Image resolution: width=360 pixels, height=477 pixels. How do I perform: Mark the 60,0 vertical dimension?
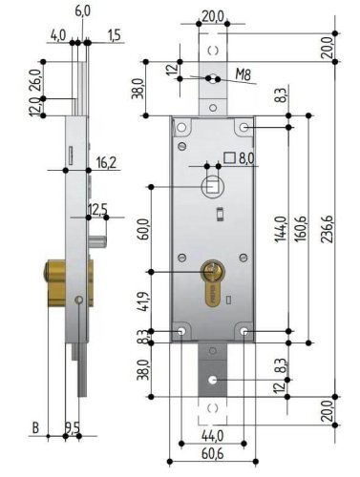142,230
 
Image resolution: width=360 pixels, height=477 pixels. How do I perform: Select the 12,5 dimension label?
96,208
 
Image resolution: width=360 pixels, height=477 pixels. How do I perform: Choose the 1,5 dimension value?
115,35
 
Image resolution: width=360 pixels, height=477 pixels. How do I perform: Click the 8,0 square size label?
245,158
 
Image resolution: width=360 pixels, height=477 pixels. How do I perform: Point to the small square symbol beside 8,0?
228,157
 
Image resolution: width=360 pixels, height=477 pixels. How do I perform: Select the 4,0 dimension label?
59,35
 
